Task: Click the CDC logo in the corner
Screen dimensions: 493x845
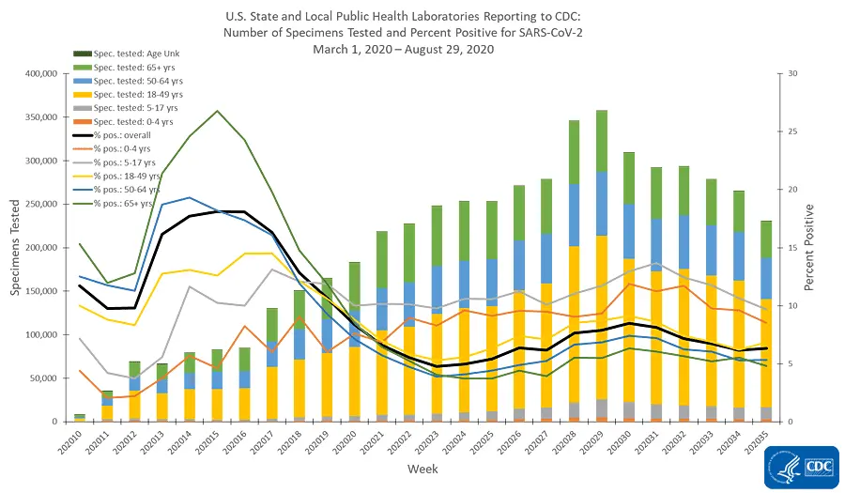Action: click(x=799, y=467)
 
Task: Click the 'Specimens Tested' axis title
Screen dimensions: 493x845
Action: click(x=15, y=249)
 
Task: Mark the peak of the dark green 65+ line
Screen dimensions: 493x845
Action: click(x=217, y=111)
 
